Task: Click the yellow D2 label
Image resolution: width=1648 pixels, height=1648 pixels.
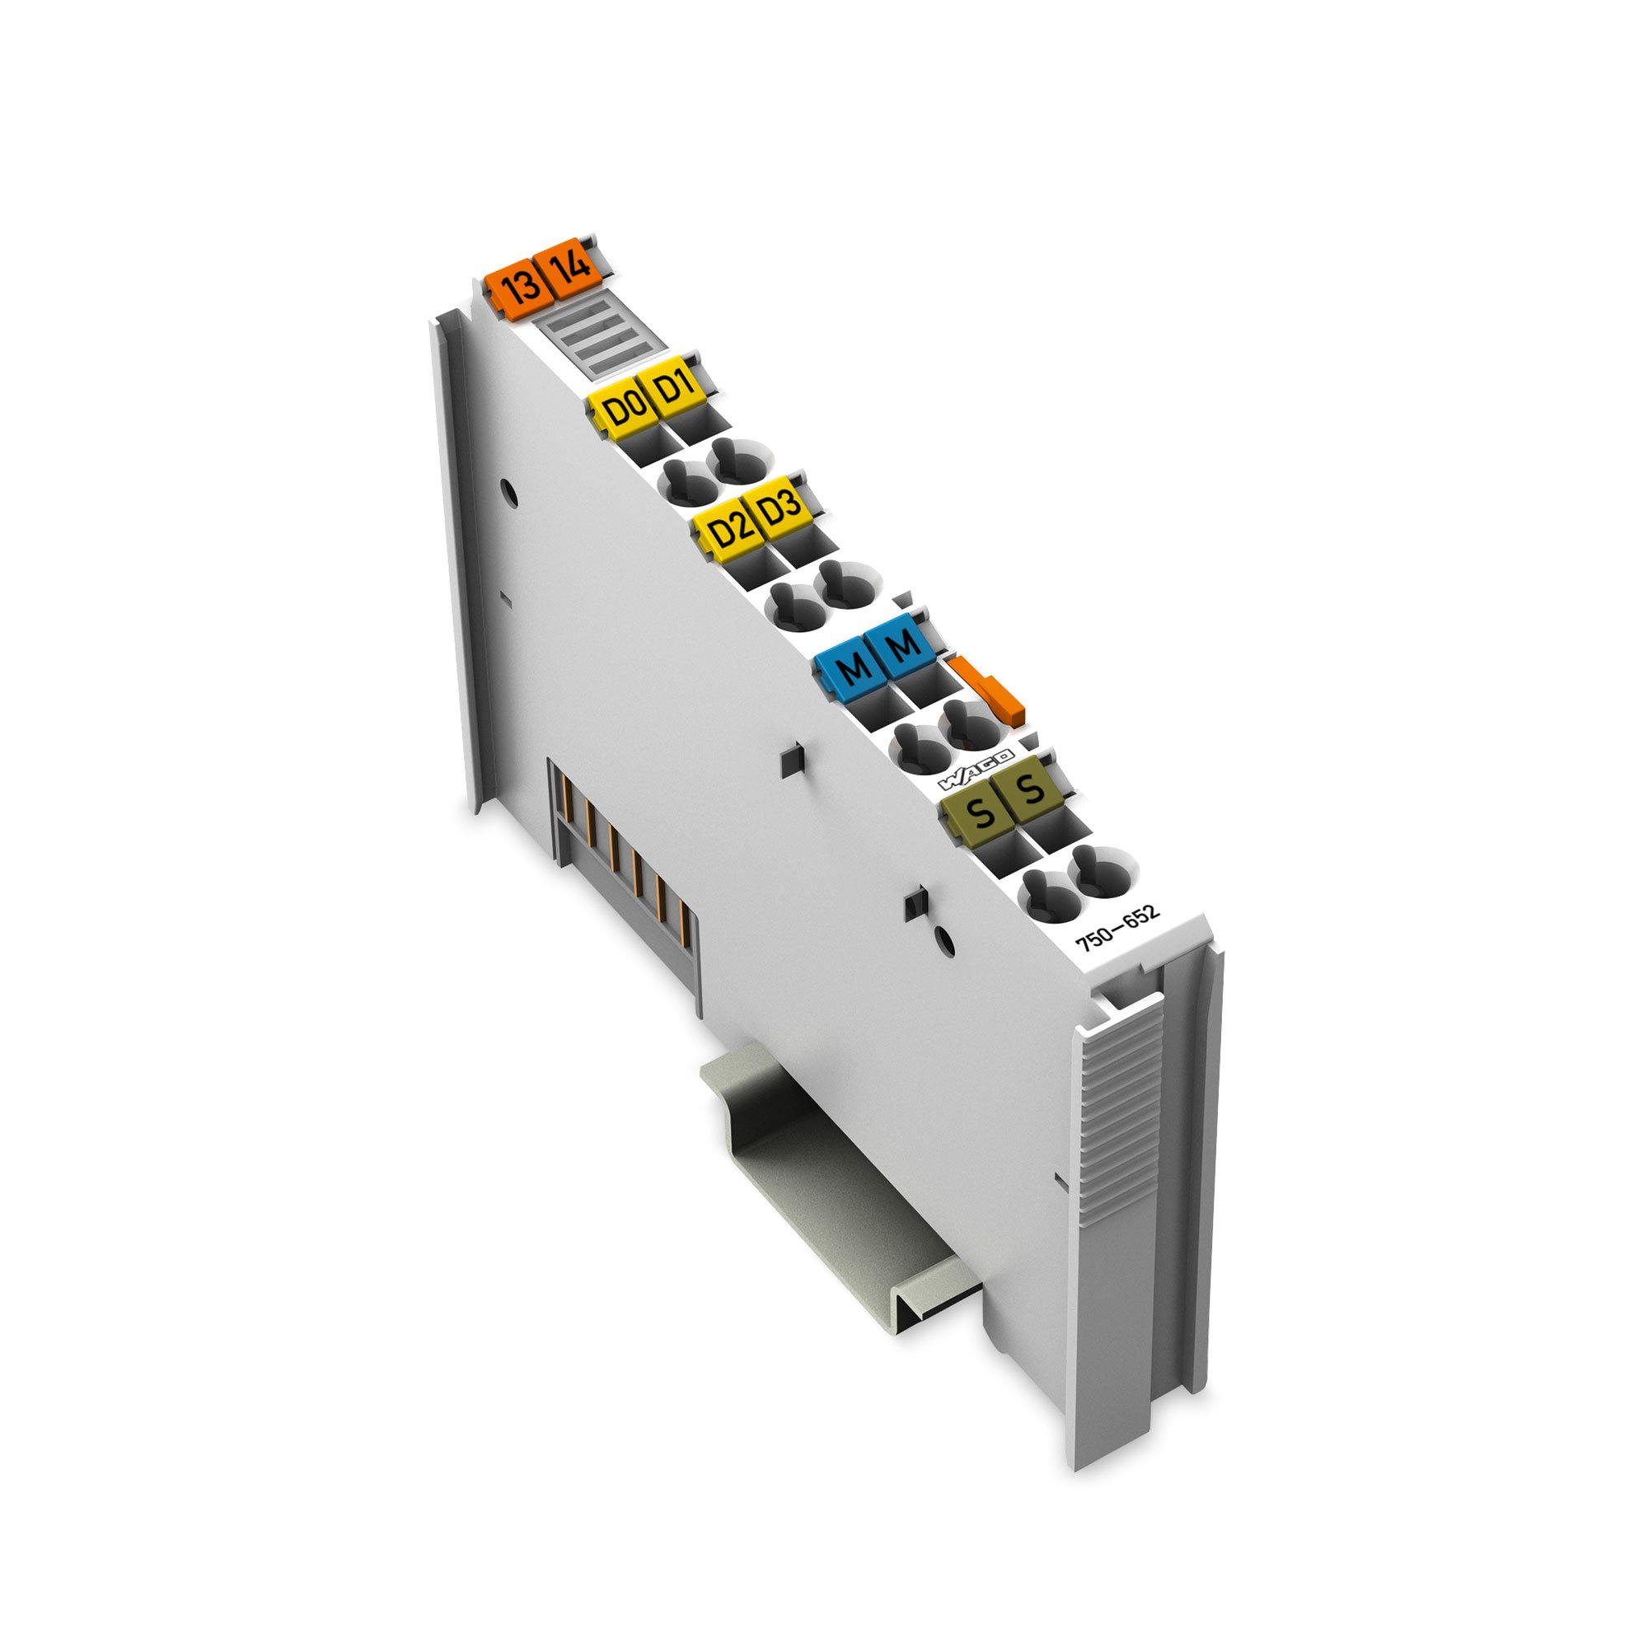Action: click(727, 531)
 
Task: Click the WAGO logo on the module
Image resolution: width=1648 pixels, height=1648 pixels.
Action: click(975, 770)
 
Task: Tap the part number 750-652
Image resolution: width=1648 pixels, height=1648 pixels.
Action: click(1118, 927)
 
